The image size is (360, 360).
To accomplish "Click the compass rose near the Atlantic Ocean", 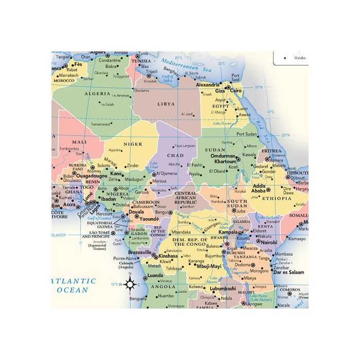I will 130,284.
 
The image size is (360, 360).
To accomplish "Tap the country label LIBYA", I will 166,104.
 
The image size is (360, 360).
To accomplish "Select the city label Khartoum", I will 225,161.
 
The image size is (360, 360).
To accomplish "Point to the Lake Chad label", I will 153,166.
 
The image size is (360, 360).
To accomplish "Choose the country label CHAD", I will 175,155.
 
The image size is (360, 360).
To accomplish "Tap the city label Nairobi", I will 269,242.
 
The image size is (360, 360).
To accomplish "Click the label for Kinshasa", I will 167,256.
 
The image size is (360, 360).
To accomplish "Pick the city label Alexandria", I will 208,85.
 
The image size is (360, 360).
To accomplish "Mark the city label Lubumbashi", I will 219,289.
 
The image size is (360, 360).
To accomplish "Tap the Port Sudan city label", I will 246,134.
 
